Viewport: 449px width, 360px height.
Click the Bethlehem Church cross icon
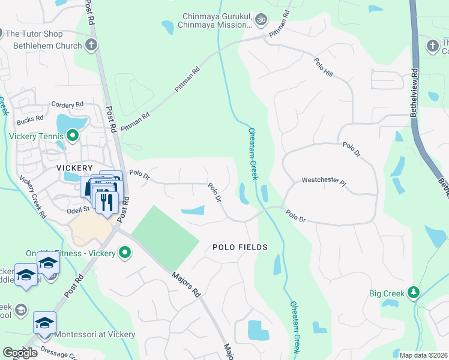click(91, 45)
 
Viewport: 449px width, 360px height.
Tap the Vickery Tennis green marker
click(72, 136)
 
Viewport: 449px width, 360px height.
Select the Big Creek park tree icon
click(413, 293)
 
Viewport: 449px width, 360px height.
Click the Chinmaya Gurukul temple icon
click(260, 20)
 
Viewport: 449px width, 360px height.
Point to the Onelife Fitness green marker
click(124, 253)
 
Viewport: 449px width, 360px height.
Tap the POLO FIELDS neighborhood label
click(240, 247)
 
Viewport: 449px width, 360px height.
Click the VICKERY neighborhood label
click(74, 168)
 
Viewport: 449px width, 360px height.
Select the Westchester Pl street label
click(324, 180)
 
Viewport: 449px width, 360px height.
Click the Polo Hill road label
click(323, 66)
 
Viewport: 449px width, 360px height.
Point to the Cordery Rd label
click(67, 104)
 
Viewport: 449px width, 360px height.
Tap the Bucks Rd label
click(31, 119)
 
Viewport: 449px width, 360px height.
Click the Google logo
click(20, 353)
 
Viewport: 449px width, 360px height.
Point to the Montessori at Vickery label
click(94, 334)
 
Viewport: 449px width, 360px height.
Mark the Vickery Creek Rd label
click(33, 197)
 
